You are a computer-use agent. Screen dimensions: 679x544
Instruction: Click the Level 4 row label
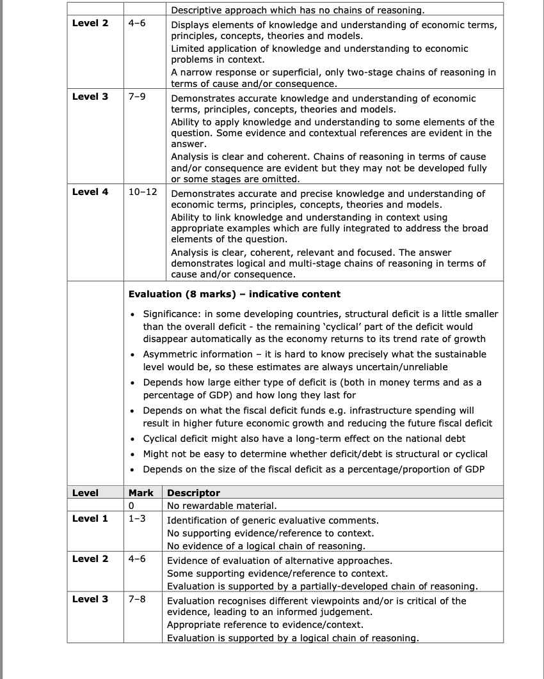(90, 192)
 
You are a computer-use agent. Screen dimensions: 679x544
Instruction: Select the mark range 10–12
(143, 192)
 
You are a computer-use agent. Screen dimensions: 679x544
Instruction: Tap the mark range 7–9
(137, 97)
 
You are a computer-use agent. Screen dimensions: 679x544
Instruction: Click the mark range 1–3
(137, 519)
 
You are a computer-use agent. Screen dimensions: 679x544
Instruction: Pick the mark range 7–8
(137, 599)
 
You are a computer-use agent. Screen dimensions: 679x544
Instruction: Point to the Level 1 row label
(90, 519)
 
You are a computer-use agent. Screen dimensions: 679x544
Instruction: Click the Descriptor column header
(193, 493)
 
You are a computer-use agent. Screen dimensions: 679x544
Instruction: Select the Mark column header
(141, 493)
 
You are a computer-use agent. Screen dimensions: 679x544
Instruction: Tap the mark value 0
(131, 505)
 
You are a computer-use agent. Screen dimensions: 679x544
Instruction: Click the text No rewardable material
(221, 505)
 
